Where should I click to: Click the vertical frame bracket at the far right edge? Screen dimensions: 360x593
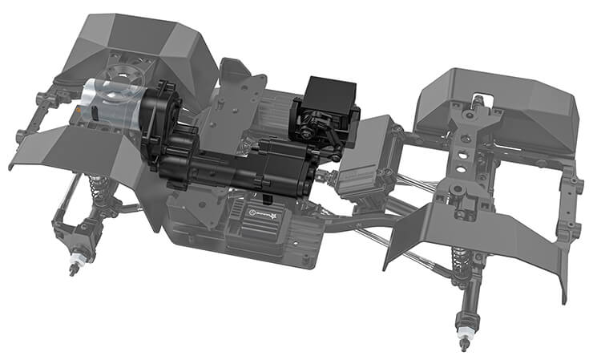(571, 200)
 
